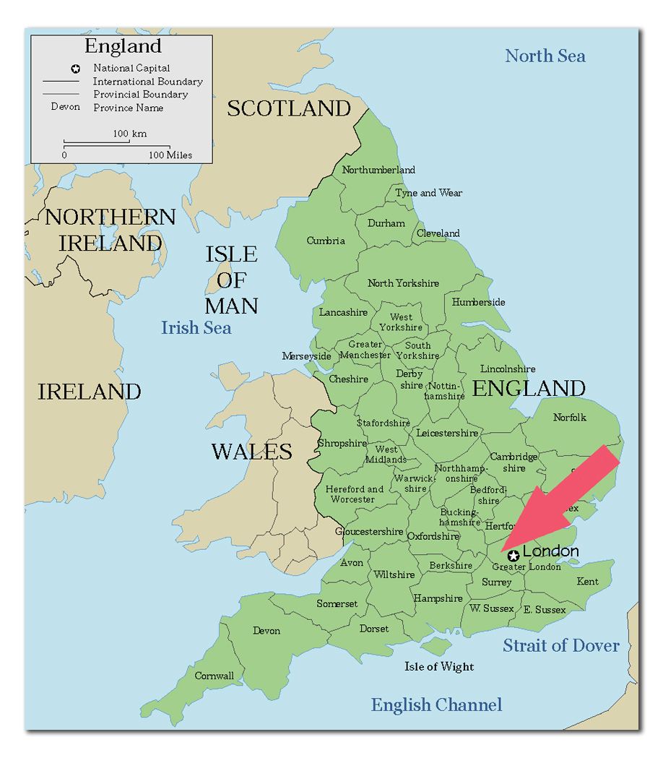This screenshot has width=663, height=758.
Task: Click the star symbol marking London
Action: point(513,556)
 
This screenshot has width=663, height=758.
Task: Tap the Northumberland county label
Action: point(378,171)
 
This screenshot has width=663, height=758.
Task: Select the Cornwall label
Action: point(214,676)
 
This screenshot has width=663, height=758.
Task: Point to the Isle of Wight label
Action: point(439,666)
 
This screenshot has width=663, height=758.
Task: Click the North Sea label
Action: point(545,56)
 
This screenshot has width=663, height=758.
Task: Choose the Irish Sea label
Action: point(196,328)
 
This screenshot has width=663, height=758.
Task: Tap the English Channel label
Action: point(436,705)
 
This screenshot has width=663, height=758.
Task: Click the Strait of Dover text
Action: point(560,645)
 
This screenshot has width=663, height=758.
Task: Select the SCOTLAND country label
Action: point(289,108)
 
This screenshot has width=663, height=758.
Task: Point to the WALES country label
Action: point(251,452)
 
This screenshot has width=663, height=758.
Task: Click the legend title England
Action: point(123,46)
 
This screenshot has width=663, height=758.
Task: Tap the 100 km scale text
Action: point(129,134)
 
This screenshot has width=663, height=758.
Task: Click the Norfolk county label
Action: point(570,418)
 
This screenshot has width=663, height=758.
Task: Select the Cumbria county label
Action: point(326,241)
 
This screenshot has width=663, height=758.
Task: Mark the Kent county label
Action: point(587,581)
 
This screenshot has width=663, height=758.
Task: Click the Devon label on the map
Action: point(266,631)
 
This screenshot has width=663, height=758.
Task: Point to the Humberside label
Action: point(478,302)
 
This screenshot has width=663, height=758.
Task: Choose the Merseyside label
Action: point(306,356)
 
